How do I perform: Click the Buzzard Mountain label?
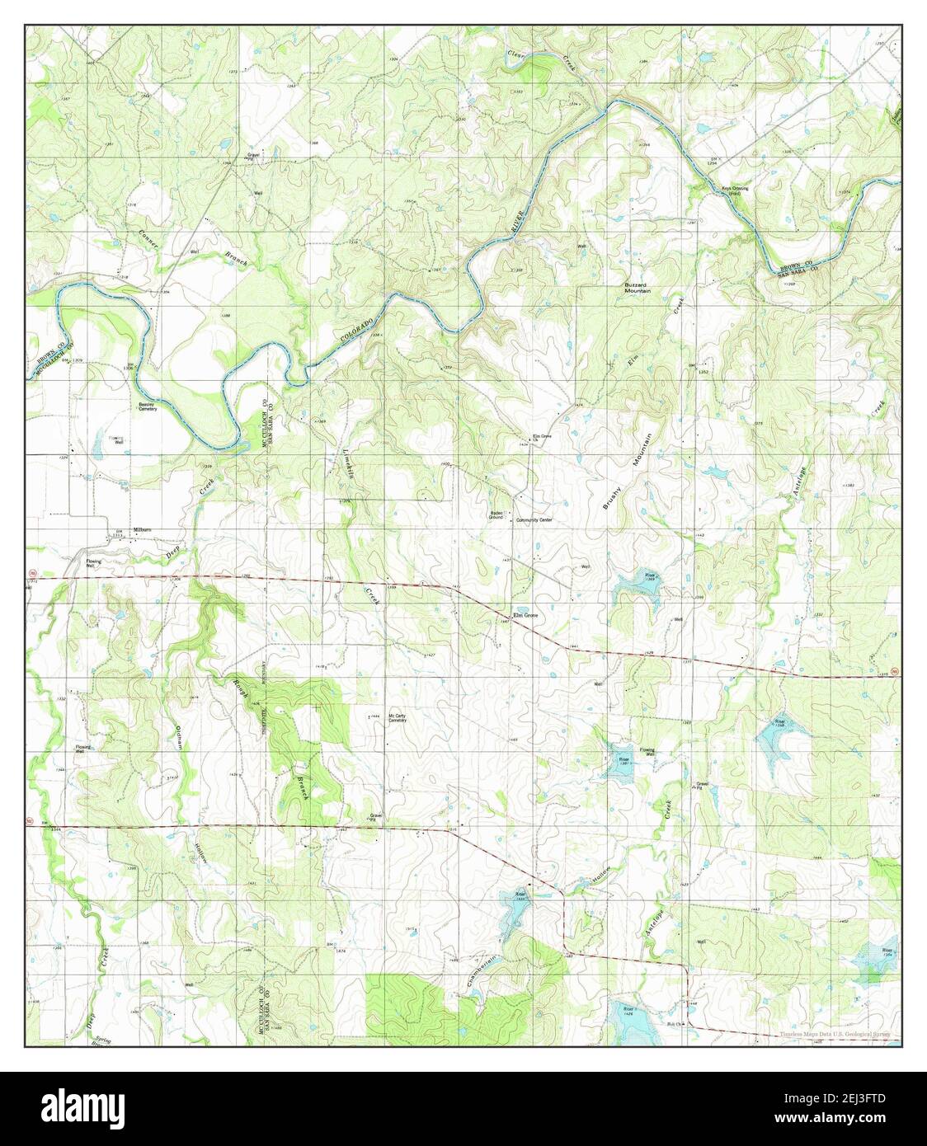point(637,288)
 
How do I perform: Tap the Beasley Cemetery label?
point(148,407)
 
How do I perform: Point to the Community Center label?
point(534,520)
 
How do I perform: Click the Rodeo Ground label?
point(496,514)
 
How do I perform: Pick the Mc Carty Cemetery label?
point(398,718)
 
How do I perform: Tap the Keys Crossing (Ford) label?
point(736,190)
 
